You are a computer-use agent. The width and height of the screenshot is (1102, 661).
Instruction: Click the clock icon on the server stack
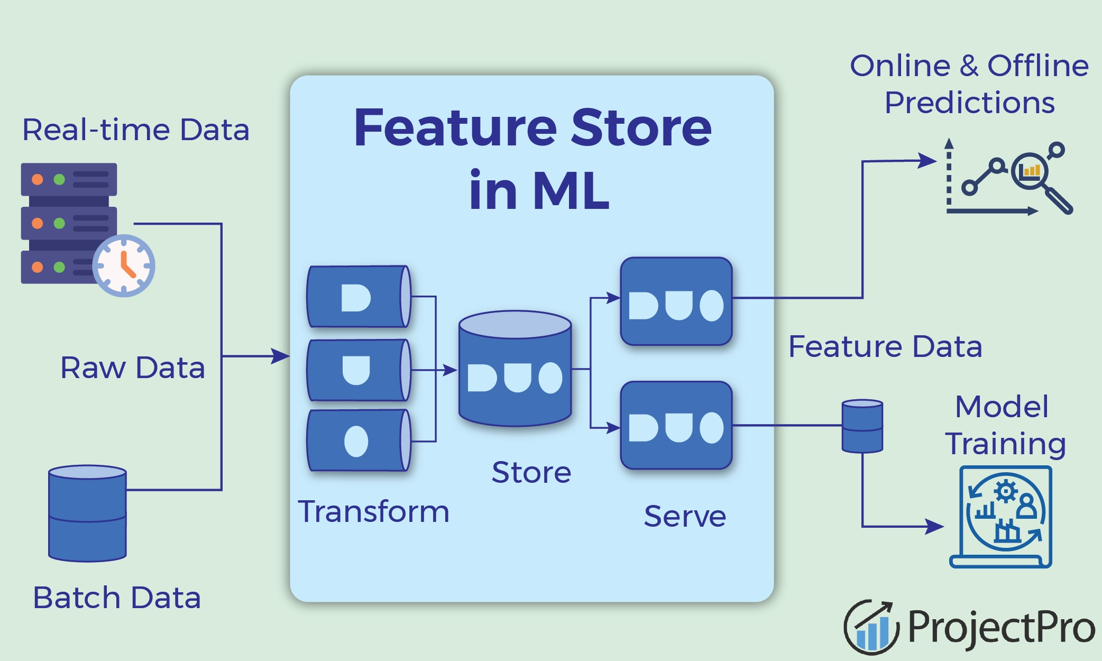point(124,265)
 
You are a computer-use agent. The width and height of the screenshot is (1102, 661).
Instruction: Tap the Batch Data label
point(117,598)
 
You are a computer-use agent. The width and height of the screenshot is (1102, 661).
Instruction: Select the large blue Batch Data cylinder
point(87,513)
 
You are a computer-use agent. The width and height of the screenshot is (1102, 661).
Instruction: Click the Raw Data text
point(132,368)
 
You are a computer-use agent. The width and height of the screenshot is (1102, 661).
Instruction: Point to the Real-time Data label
point(135,130)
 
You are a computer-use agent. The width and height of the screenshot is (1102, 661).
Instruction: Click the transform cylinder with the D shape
point(359,297)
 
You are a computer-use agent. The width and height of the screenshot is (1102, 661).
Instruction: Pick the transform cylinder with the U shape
point(359,370)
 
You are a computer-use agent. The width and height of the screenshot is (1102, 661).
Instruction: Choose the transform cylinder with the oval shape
point(359,440)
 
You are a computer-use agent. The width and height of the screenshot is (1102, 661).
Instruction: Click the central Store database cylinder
point(515,370)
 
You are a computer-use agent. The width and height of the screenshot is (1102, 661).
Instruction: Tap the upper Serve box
point(676,301)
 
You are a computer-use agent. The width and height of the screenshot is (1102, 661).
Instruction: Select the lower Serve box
point(676,426)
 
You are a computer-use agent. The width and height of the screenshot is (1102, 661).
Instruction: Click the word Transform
point(373,512)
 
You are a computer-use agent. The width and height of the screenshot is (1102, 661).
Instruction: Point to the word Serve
point(685,517)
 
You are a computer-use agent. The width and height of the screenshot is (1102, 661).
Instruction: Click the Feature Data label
point(885,347)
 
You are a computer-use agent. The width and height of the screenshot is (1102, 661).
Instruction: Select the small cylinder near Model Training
point(862,426)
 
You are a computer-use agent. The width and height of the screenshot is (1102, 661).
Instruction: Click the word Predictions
point(969,103)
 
